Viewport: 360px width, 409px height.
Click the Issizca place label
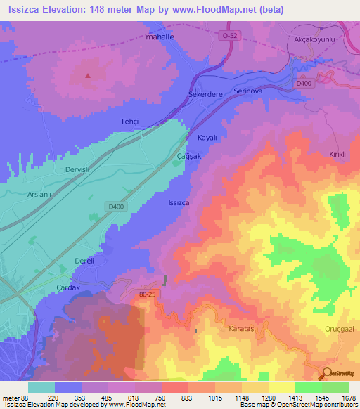[179, 202]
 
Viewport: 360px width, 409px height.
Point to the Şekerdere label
[205, 93]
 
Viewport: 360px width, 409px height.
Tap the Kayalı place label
[207, 138]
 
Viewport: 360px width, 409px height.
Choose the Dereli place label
[84, 261]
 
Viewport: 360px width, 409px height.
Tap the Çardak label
[69, 287]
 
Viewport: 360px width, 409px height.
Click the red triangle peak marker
[88, 75]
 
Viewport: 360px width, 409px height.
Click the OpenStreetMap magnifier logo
[327, 373]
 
